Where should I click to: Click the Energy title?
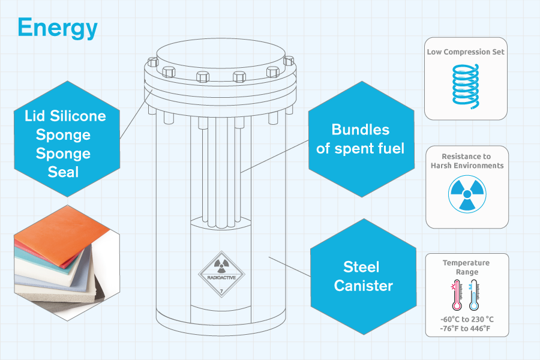click(x=57, y=28)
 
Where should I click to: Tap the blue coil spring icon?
click(x=466, y=86)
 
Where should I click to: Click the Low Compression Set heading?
click(x=466, y=52)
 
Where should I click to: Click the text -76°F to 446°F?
click(x=467, y=329)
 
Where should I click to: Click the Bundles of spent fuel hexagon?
click(x=360, y=139)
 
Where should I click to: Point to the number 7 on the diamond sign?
click(x=222, y=291)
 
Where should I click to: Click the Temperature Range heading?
click(x=466, y=268)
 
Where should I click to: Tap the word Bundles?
click(x=360, y=130)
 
